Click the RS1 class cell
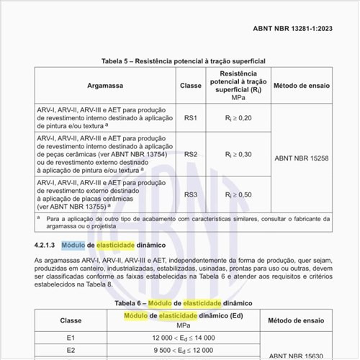coord(191,117)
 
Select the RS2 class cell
coord(191,154)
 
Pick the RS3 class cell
coord(191,194)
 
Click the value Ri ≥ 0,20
coord(238,117)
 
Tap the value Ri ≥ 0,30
coord(238,154)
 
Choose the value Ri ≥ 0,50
coord(238,194)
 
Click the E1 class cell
coord(71,337)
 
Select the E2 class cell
coord(71,351)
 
